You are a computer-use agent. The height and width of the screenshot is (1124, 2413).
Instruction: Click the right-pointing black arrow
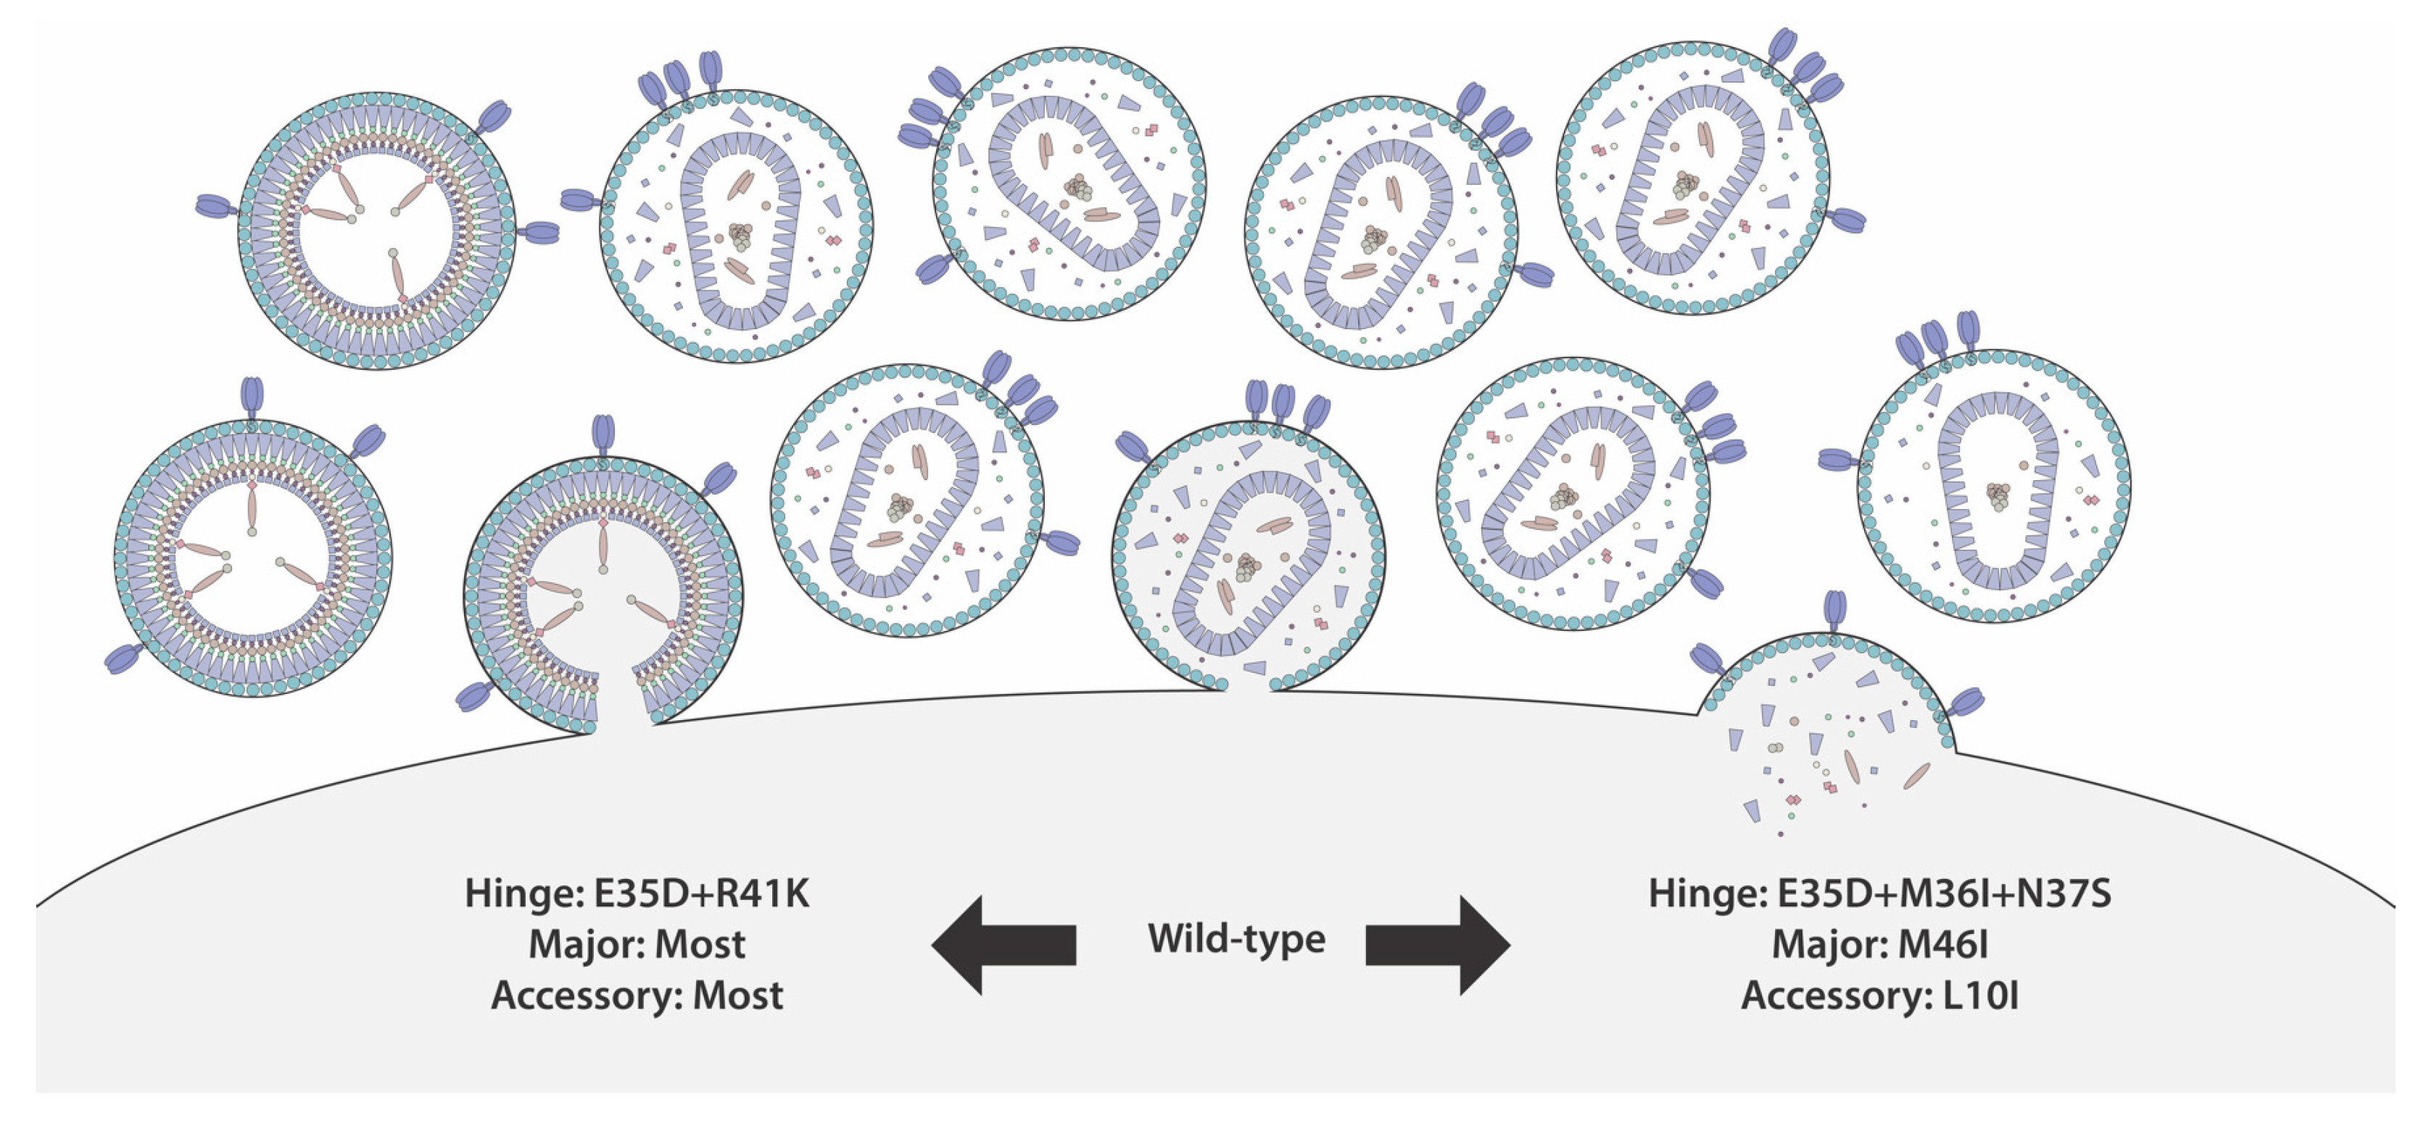1438,944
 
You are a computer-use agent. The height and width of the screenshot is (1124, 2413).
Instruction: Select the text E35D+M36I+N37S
1944,893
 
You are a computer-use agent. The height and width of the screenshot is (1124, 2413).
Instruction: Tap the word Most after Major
700,944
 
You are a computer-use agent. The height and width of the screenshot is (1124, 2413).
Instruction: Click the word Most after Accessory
737,995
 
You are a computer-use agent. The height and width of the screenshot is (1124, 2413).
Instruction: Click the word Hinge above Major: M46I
1706,893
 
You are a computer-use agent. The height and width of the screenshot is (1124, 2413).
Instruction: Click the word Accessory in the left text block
584,995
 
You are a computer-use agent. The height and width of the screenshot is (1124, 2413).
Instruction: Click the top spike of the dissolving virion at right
1835,613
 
